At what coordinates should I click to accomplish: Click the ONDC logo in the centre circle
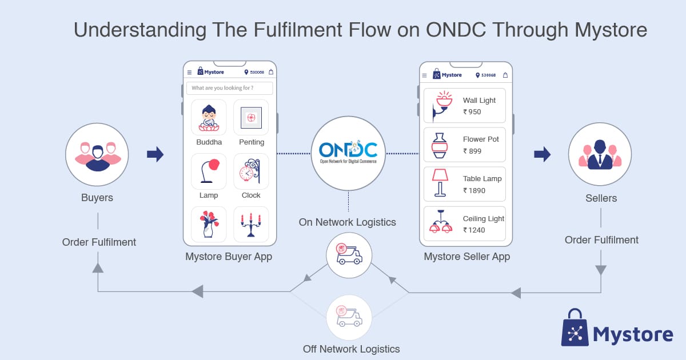point(348,153)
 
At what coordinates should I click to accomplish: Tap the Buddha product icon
point(209,117)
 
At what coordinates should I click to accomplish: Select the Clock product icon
point(251,170)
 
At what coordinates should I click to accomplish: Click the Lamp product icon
point(209,170)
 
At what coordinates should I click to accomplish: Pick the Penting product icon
point(251,117)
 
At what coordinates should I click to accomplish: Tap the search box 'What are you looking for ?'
point(229,88)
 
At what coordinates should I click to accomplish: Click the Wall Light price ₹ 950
point(472,112)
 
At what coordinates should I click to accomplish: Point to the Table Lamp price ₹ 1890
point(474,191)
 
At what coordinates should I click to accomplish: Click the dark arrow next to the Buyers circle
point(155,154)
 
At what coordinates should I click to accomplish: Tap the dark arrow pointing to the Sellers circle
point(542,154)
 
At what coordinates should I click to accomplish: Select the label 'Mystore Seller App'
point(466,257)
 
